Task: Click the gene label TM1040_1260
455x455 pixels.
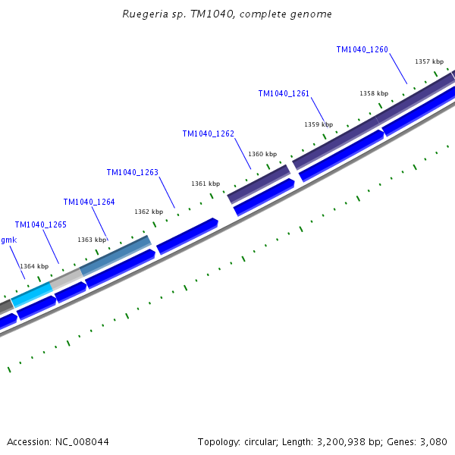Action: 362,50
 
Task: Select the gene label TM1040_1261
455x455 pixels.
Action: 284,94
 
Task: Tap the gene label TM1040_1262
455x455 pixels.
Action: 208,134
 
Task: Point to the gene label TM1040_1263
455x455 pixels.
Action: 132,173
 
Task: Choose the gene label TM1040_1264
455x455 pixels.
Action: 89,202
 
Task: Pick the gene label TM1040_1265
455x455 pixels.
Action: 40,225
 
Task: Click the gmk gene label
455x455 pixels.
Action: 8,240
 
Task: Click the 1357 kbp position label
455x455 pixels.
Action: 428,61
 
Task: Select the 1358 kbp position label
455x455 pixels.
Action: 373,93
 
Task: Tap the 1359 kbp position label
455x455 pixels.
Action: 318,124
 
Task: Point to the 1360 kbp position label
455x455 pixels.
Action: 262,155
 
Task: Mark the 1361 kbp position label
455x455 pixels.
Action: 206,184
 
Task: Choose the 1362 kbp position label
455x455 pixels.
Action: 149,212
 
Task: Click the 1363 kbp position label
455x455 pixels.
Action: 92,240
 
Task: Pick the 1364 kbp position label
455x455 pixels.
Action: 34,267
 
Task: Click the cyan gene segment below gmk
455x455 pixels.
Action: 32,293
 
